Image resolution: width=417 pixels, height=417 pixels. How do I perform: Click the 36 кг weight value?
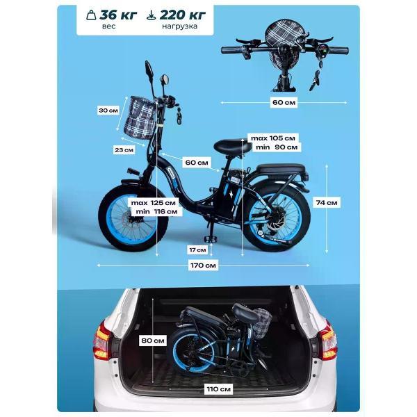coord(118,15)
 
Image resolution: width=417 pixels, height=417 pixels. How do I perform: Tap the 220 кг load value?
coord(183,15)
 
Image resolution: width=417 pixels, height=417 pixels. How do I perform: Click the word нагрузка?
coord(180,26)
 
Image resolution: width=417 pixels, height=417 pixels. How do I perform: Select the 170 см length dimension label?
coord(203,265)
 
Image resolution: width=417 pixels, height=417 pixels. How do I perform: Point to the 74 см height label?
coord(327,203)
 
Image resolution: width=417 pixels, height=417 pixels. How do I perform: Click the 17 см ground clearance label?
coord(197,250)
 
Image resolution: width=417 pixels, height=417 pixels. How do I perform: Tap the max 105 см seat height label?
coord(273,138)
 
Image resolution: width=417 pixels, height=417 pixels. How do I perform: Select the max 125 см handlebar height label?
coord(154,203)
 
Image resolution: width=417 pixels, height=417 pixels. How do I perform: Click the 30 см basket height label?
coord(108,111)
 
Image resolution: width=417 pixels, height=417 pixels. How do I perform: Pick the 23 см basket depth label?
coord(124,150)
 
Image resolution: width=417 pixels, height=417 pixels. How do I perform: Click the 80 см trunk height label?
coord(153,341)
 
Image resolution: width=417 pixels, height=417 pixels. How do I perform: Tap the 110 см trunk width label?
coord(219,389)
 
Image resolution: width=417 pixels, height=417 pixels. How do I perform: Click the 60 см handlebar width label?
coord(284,102)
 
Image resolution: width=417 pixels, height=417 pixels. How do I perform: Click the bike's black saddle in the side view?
coord(232,146)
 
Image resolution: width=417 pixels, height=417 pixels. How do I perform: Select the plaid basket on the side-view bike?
coord(140,117)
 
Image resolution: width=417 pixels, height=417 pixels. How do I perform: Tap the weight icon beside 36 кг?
coord(91,15)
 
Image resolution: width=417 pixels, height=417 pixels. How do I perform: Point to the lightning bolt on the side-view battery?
coord(230,195)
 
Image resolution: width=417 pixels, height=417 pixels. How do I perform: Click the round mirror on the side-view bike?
coord(165,79)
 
